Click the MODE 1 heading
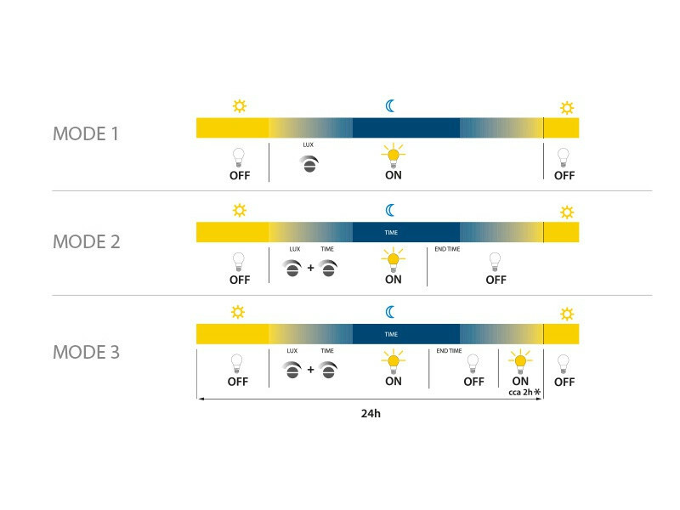pyautogui.click(x=86, y=133)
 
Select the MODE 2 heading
pyautogui.click(x=87, y=241)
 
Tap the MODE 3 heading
pyautogui.click(x=86, y=352)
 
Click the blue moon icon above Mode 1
pyautogui.click(x=390, y=105)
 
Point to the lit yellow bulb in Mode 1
pyautogui.click(x=394, y=156)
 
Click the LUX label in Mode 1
pyautogui.click(x=308, y=144)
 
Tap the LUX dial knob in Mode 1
pyautogui.click(x=309, y=164)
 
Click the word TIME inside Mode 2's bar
pyautogui.click(x=391, y=232)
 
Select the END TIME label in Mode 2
pyautogui.click(x=447, y=249)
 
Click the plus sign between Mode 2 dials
pyautogui.click(x=310, y=268)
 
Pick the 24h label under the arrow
pyautogui.click(x=371, y=413)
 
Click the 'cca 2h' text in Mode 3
pyautogui.click(x=520, y=392)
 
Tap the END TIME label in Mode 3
pyautogui.click(x=449, y=350)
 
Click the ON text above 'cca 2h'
pyautogui.click(x=520, y=381)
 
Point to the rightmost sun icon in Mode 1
pyautogui.click(x=567, y=108)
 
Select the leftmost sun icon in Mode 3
pyautogui.click(x=238, y=312)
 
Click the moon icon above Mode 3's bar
pyautogui.click(x=390, y=312)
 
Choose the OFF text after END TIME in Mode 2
pyautogui.click(x=496, y=280)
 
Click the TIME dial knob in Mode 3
pyautogui.click(x=328, y=370)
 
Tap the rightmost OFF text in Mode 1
pyautogui.click(x=564, y=176)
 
